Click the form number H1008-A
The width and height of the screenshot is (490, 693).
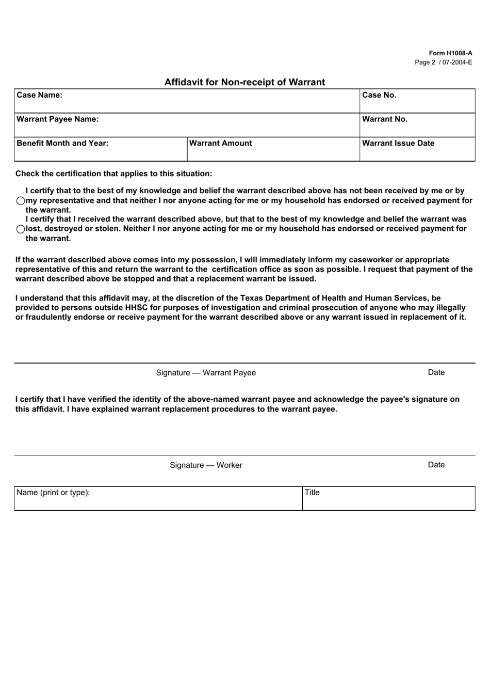click(x=450, y=53)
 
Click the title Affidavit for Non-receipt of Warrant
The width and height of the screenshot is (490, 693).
click(x=244, y=82)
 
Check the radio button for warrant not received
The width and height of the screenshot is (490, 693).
click(x=21, y=201)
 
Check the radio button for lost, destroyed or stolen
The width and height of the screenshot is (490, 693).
click(x=21, y=229)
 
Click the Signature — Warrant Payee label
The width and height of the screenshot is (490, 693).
click(x=206, y=373)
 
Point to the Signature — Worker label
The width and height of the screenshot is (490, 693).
click(x=206, y=465)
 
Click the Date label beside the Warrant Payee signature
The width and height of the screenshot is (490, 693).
click(x=436, y=372)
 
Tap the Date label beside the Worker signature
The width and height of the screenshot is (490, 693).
click(x=436, y=465)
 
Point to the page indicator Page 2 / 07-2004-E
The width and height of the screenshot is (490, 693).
click(x=443, y=62)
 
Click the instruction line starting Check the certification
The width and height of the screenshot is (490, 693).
click(x=113, y=174)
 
